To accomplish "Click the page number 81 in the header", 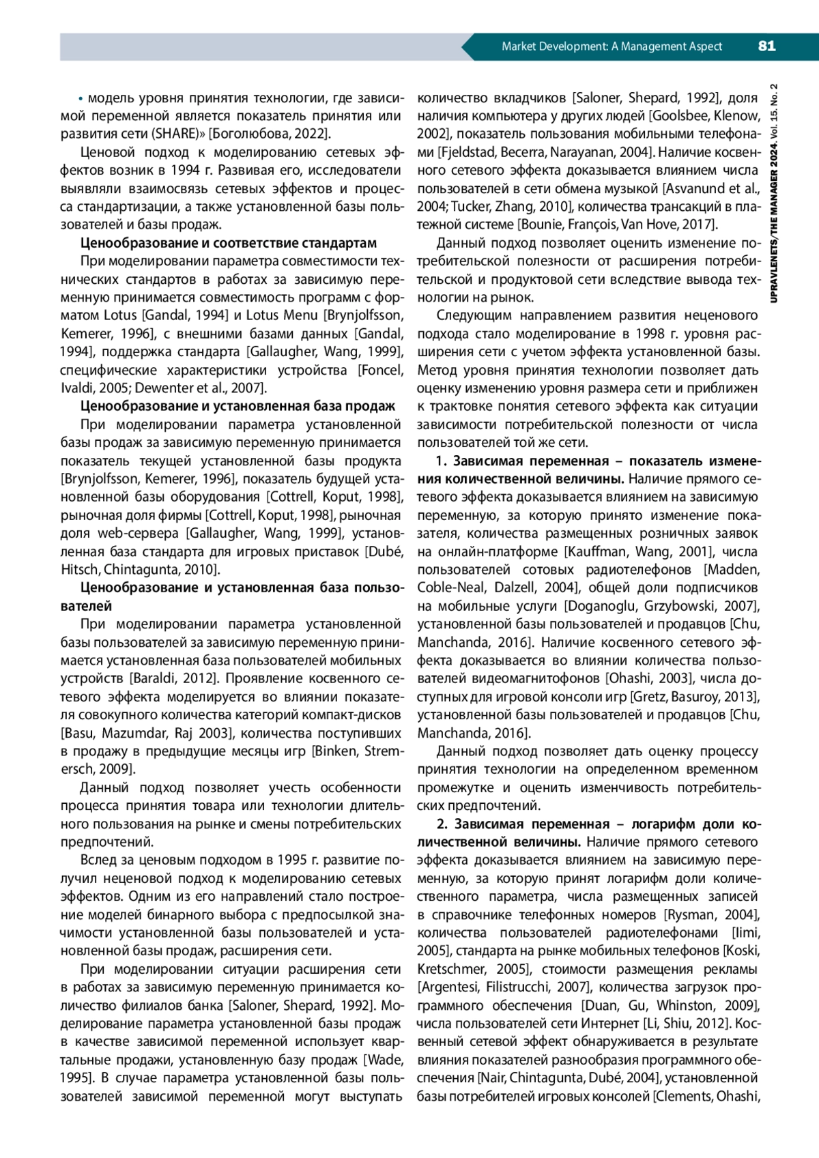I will click(x=766, y=46).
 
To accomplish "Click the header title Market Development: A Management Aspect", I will click(x=612, y=46).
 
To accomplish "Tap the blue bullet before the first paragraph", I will click(x=81, y=98).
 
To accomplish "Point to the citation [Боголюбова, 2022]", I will click(x=270, y=134).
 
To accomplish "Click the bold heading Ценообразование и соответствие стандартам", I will click(x=228, y=243).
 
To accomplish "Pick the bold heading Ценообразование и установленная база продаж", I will click(x=238, y=406).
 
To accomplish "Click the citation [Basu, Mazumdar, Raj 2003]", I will click(x=147, y=733).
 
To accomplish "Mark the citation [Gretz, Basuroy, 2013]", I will click(x=695, y=697).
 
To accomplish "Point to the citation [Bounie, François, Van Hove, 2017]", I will click(x=618, y=225).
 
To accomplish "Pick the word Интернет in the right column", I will click(x=610, y=1024).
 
